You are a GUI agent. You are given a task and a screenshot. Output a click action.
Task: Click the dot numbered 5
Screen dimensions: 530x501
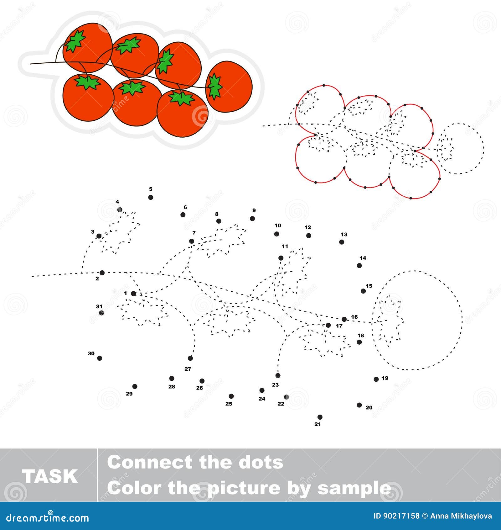(151, 197)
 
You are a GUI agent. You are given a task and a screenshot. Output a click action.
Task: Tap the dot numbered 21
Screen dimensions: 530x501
(320, 417)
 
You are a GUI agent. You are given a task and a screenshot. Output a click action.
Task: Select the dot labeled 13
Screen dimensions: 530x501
(342, 242)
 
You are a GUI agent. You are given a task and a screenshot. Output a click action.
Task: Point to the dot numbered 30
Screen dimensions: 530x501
(100, 358)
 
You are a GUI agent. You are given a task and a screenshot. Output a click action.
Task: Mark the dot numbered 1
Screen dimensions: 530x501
(133, 294)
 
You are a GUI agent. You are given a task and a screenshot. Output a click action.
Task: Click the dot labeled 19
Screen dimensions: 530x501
(376, 379)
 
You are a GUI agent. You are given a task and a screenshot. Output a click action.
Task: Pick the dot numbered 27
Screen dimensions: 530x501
(190, 358)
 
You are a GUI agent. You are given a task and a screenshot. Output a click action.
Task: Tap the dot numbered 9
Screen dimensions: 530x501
(252, 219)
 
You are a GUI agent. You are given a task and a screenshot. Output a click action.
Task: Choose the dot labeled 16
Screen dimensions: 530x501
(344, 319)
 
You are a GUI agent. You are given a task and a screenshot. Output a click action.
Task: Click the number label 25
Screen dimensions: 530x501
(229, 404)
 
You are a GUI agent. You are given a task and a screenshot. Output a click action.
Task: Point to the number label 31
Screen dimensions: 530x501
(99, 306)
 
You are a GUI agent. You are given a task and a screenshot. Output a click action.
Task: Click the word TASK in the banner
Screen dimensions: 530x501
(49, 476)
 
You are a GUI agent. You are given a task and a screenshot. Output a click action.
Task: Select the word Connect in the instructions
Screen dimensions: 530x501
(148, 463)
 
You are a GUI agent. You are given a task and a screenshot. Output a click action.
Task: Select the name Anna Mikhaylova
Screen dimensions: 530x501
(461, 516)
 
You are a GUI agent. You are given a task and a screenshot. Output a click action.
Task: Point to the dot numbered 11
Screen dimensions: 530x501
(281, 258)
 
